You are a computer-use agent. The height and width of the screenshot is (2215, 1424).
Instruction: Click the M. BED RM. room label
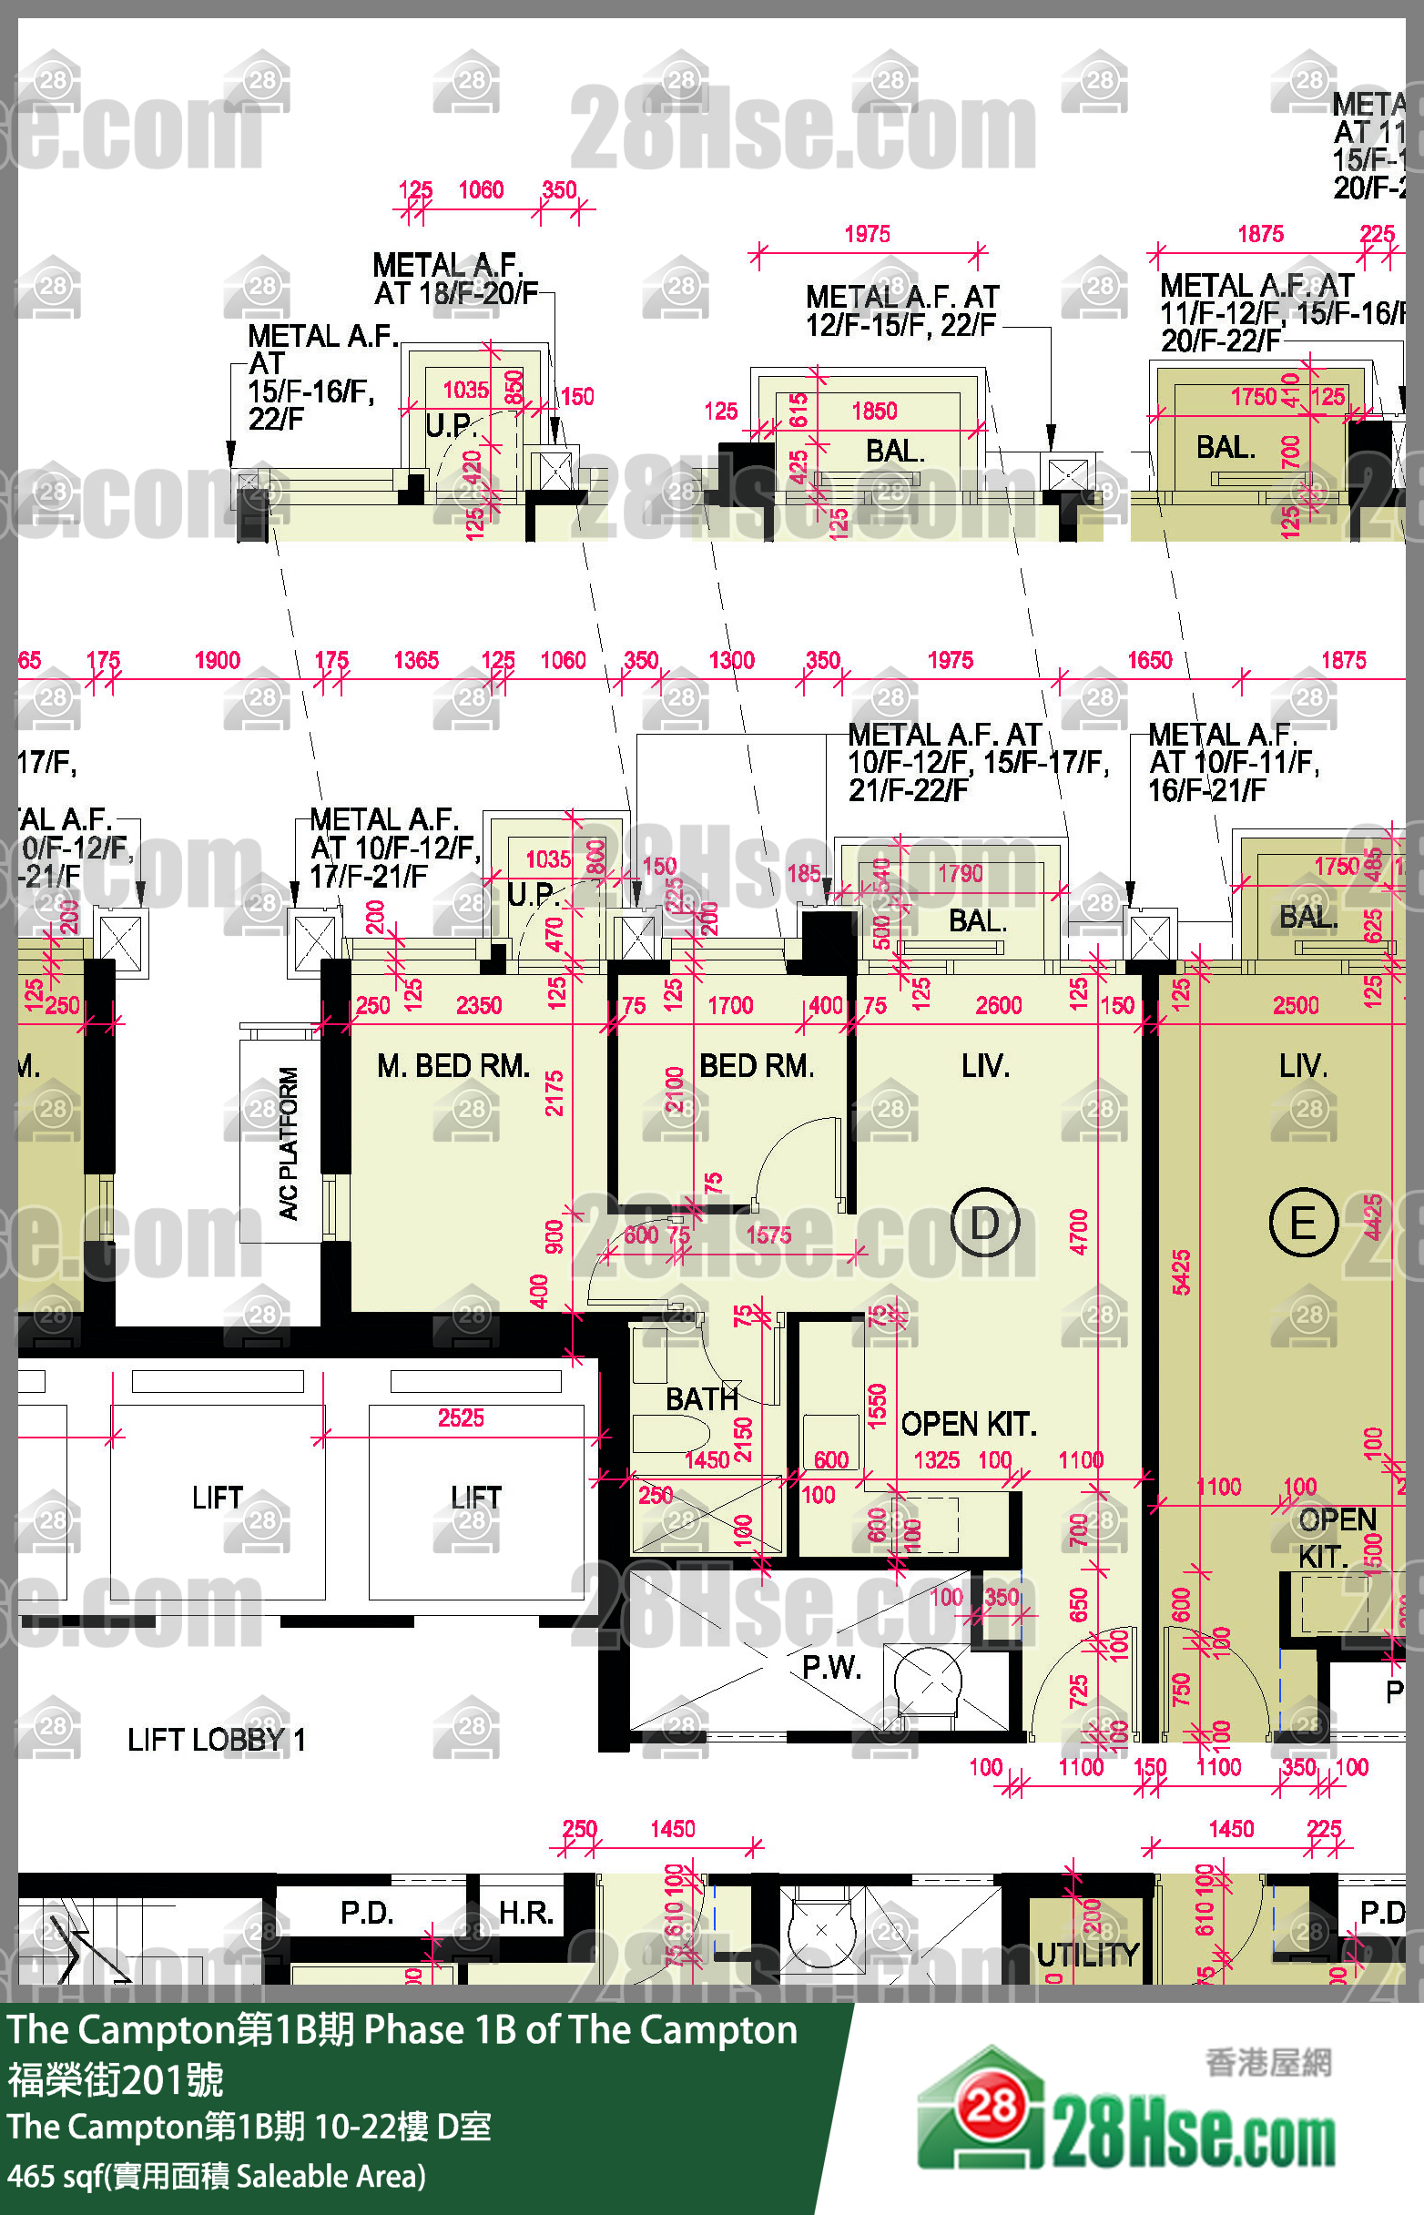(453, 1066)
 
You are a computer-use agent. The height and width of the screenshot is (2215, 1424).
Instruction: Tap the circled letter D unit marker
(985, 1223)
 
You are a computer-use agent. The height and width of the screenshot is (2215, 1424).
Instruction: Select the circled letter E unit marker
(1303, 1223)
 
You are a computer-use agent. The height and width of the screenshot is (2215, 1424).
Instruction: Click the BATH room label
(702, 1398)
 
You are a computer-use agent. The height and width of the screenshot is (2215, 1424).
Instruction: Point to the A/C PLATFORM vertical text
(289, 1143)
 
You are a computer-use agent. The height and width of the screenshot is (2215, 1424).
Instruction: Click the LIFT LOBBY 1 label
(217, 1740)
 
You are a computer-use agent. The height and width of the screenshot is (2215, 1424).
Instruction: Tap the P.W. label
(831, 1667)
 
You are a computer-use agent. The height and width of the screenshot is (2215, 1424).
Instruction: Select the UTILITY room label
(1087, 1955)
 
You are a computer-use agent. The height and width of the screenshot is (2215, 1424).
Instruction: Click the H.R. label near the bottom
(525, 1912)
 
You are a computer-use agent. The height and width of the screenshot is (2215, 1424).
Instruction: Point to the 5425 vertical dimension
(1181, 1271)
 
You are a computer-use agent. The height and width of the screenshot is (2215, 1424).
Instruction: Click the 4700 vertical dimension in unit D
(1078, 1232)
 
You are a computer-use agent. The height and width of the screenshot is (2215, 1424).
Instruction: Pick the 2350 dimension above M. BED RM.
(478, 1006)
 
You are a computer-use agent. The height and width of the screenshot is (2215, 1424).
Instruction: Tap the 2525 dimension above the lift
(461, 1418)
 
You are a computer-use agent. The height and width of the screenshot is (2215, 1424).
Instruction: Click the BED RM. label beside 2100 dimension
(757, 1066)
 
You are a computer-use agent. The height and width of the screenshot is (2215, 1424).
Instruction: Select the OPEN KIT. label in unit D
(968, 1425)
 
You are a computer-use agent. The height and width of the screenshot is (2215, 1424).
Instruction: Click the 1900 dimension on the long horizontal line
(218, 660)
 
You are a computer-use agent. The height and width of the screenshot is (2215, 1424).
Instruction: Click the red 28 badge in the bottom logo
(992, 2108)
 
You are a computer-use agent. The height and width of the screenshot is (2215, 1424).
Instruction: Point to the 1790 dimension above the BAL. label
(960, 874)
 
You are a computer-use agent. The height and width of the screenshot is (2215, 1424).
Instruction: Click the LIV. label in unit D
(985, 1066)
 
